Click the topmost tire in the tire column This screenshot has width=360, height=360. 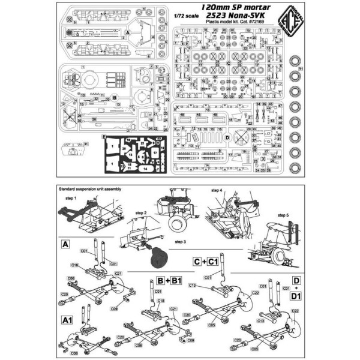296,62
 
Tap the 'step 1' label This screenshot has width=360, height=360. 71,197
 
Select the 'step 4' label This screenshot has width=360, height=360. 216,191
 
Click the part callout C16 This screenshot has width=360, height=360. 76,264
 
